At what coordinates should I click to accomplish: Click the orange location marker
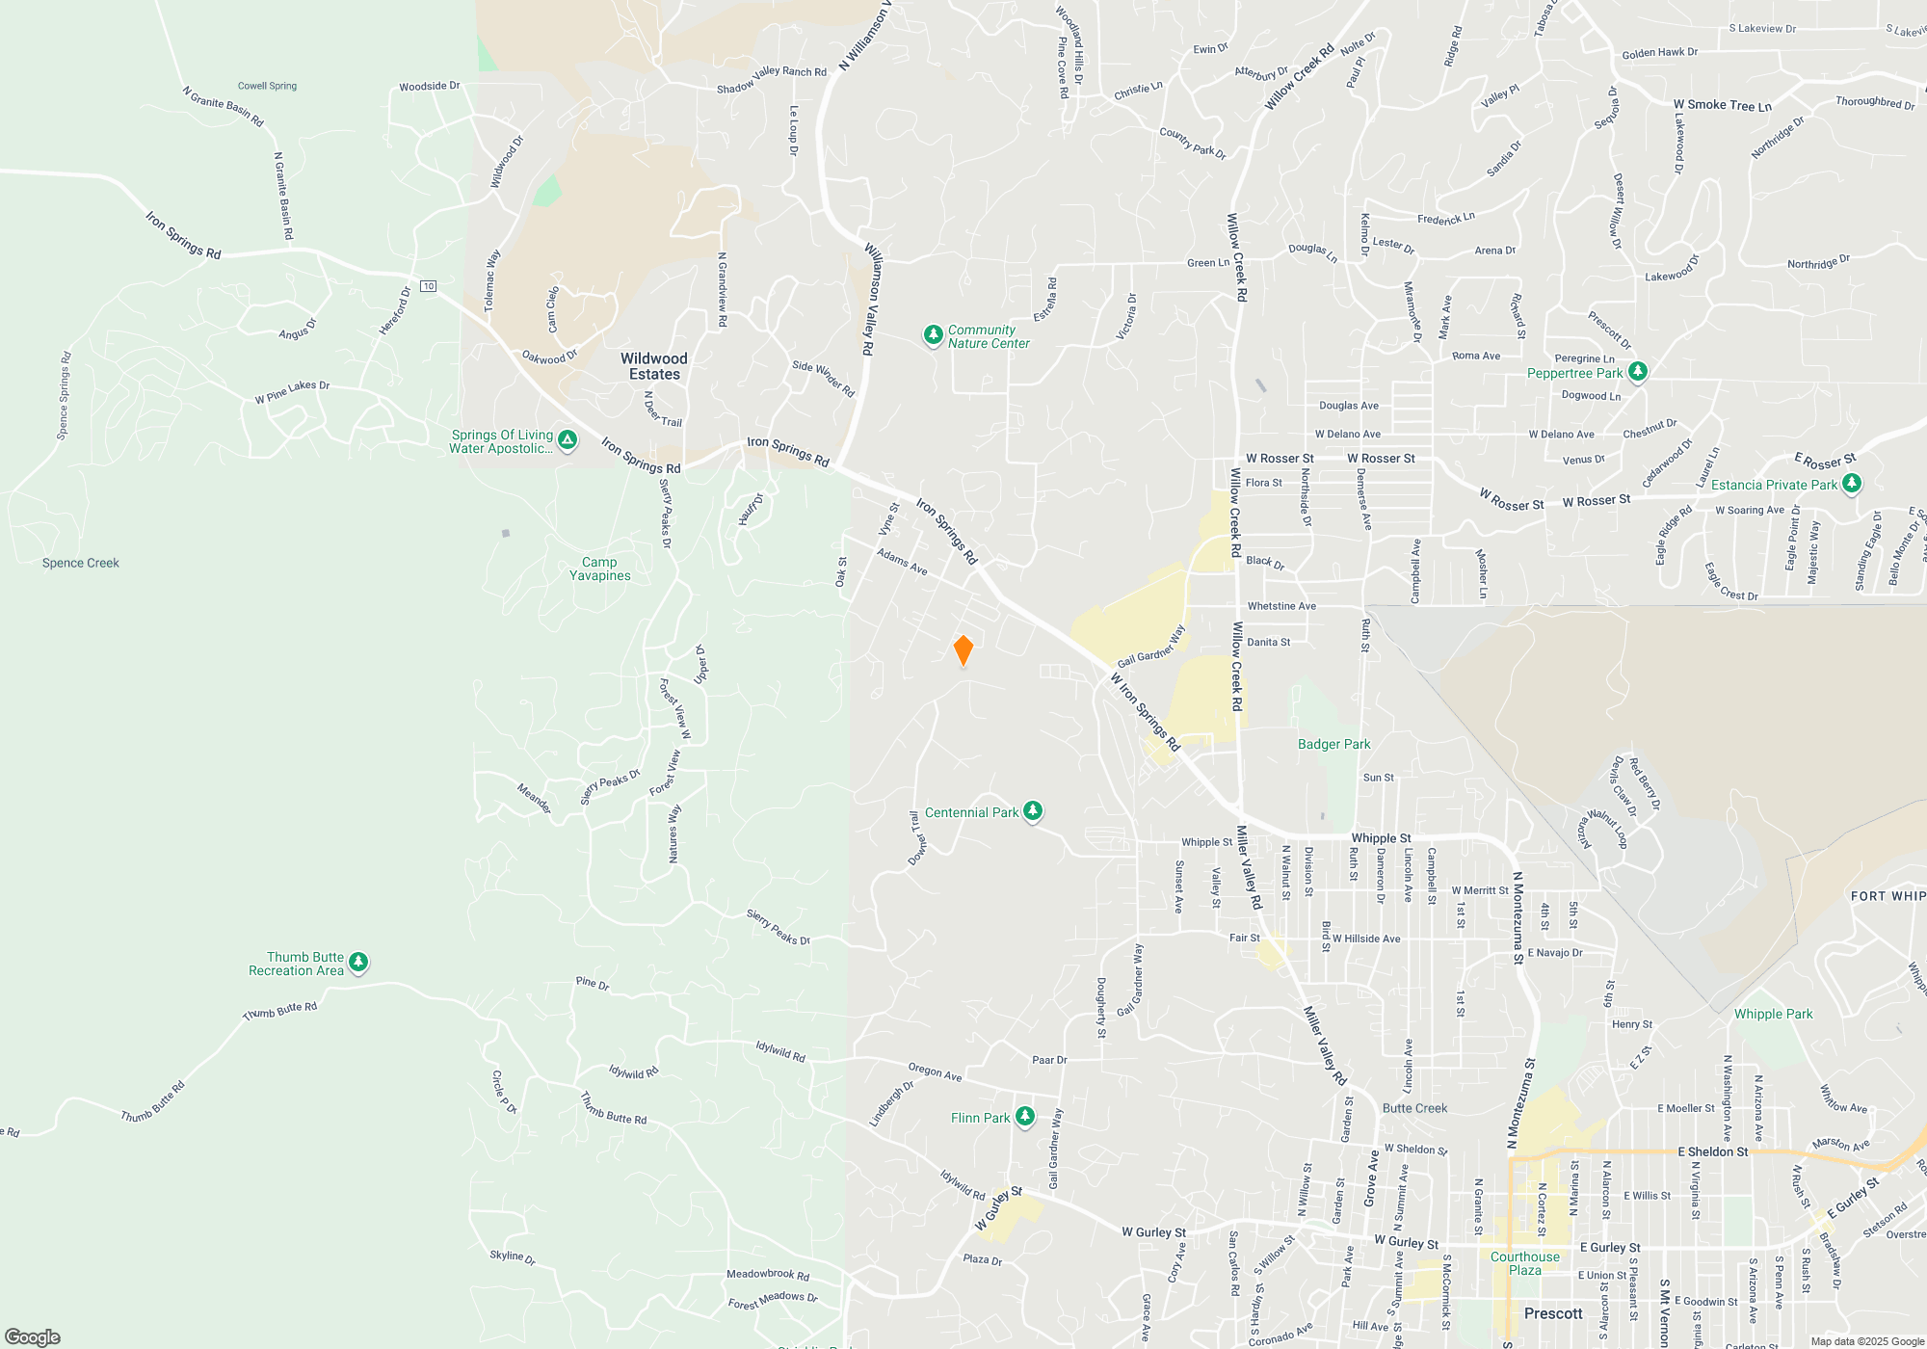(x=963, y=650)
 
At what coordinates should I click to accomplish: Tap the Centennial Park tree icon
(x=1032, y=811)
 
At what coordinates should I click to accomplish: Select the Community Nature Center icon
(x=933, y=334)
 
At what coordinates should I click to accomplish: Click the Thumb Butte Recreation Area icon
(x=358, y=962)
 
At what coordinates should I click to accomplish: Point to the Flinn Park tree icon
(x=1025, y=1116)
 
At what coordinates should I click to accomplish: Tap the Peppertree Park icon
(x=1637, y=371)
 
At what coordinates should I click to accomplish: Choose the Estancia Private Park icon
(x=1851, y=483)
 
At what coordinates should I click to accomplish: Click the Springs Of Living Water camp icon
(x=568, y=440)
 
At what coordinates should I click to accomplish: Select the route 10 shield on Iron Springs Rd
(x=429, y=286)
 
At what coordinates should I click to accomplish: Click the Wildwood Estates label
(x=654, y=366)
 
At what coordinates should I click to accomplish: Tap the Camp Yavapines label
(x=599, y=569)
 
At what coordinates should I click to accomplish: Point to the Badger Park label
(x=1333, y=744)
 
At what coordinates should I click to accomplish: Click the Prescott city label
(x=1552, y=1313)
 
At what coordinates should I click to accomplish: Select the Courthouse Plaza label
(x=1524, y=1263)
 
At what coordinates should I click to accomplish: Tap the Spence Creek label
(x=81, y=563)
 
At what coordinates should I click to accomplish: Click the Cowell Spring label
(x=267, y=86)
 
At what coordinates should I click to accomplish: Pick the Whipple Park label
(x=1773, y=1014)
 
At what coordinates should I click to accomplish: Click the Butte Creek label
(x=1414, y=1108)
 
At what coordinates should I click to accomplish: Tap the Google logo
(x=33, y=1336)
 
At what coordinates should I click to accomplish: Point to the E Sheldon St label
(x=1712, y=1151)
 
